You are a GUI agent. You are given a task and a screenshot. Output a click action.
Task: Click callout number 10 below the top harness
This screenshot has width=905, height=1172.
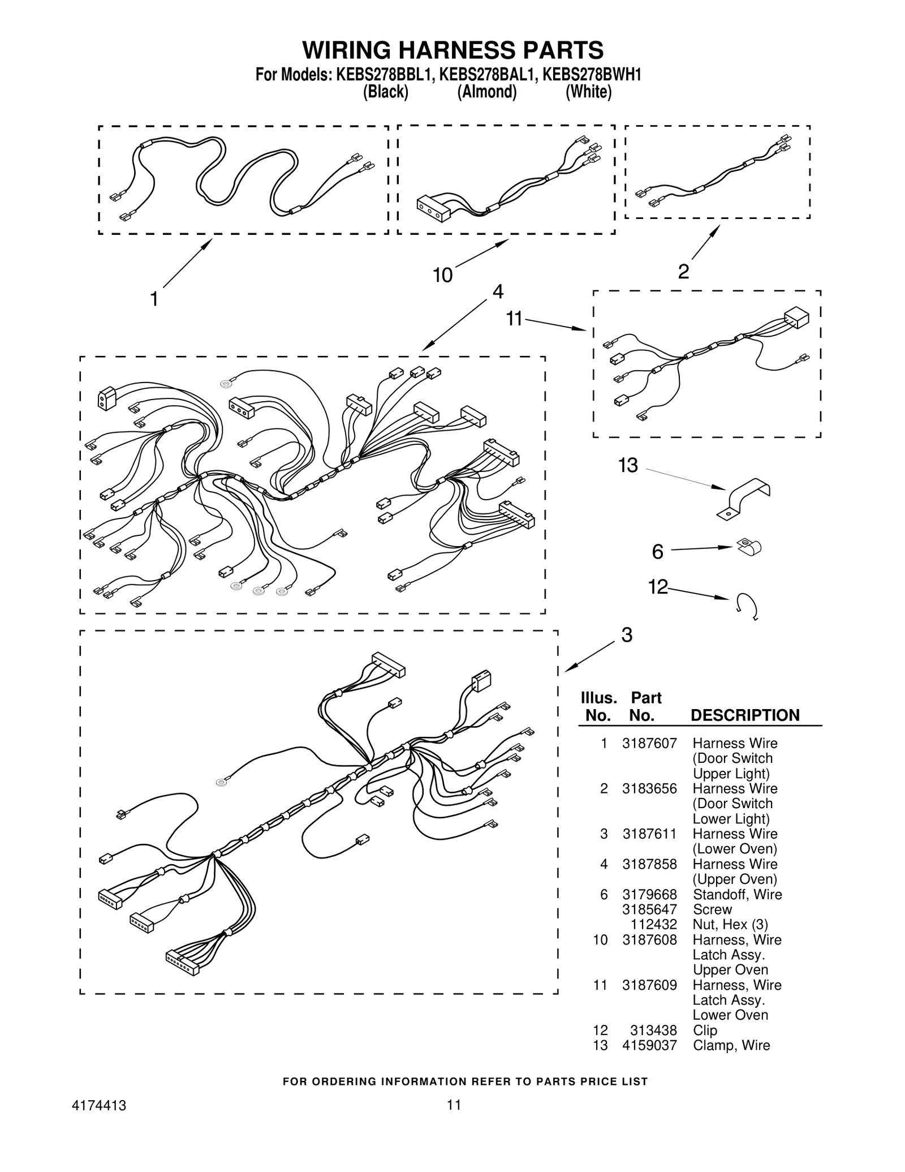442,276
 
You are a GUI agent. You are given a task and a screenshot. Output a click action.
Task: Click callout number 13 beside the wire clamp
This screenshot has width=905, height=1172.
627,465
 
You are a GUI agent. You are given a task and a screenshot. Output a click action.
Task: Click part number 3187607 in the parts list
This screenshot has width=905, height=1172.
649,744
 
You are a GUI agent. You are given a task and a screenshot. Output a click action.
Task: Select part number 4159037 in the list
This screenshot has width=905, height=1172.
649,1046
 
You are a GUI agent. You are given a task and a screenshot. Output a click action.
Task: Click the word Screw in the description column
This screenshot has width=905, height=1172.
712,909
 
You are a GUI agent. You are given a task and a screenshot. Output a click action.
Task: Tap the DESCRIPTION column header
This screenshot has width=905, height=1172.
744,715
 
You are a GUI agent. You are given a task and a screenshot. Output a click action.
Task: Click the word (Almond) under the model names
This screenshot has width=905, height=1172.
486,92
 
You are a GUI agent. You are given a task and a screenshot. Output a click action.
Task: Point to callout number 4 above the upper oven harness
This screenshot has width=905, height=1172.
497,291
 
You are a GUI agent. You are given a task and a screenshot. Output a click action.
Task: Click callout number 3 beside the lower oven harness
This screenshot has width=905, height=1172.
626,635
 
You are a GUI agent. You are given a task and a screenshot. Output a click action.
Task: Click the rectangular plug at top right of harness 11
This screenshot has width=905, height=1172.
796,317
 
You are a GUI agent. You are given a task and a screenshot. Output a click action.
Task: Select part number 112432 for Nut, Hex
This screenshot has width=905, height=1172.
653,925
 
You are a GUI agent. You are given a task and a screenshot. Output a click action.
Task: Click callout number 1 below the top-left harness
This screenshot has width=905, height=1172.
153,299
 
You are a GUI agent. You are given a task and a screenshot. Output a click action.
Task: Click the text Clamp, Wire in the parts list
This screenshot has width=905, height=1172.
731,1046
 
